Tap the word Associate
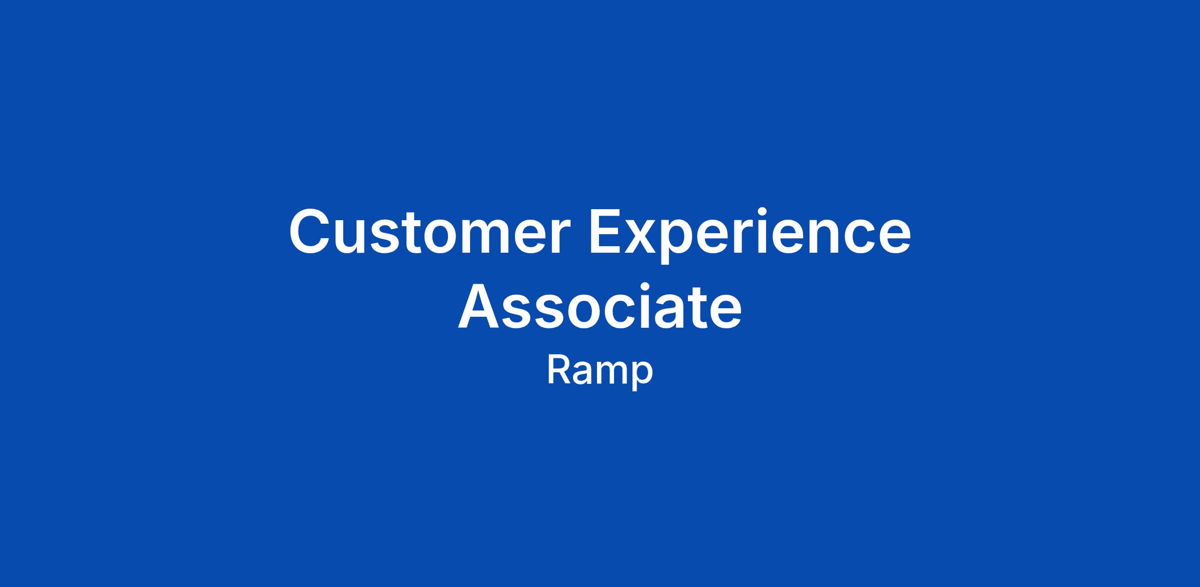point(599,307)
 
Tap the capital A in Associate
point(479,307)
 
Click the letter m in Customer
point(493,237)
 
